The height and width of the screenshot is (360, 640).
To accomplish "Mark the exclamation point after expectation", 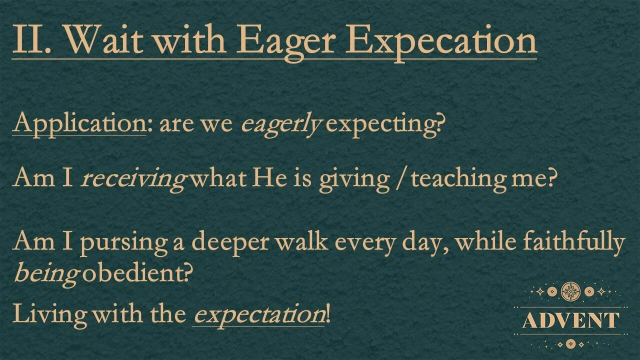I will [x=328, y=314].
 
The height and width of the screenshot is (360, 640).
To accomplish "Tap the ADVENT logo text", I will [x=570, y=320].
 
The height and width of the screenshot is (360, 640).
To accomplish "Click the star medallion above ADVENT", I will [x=570, y=290].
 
